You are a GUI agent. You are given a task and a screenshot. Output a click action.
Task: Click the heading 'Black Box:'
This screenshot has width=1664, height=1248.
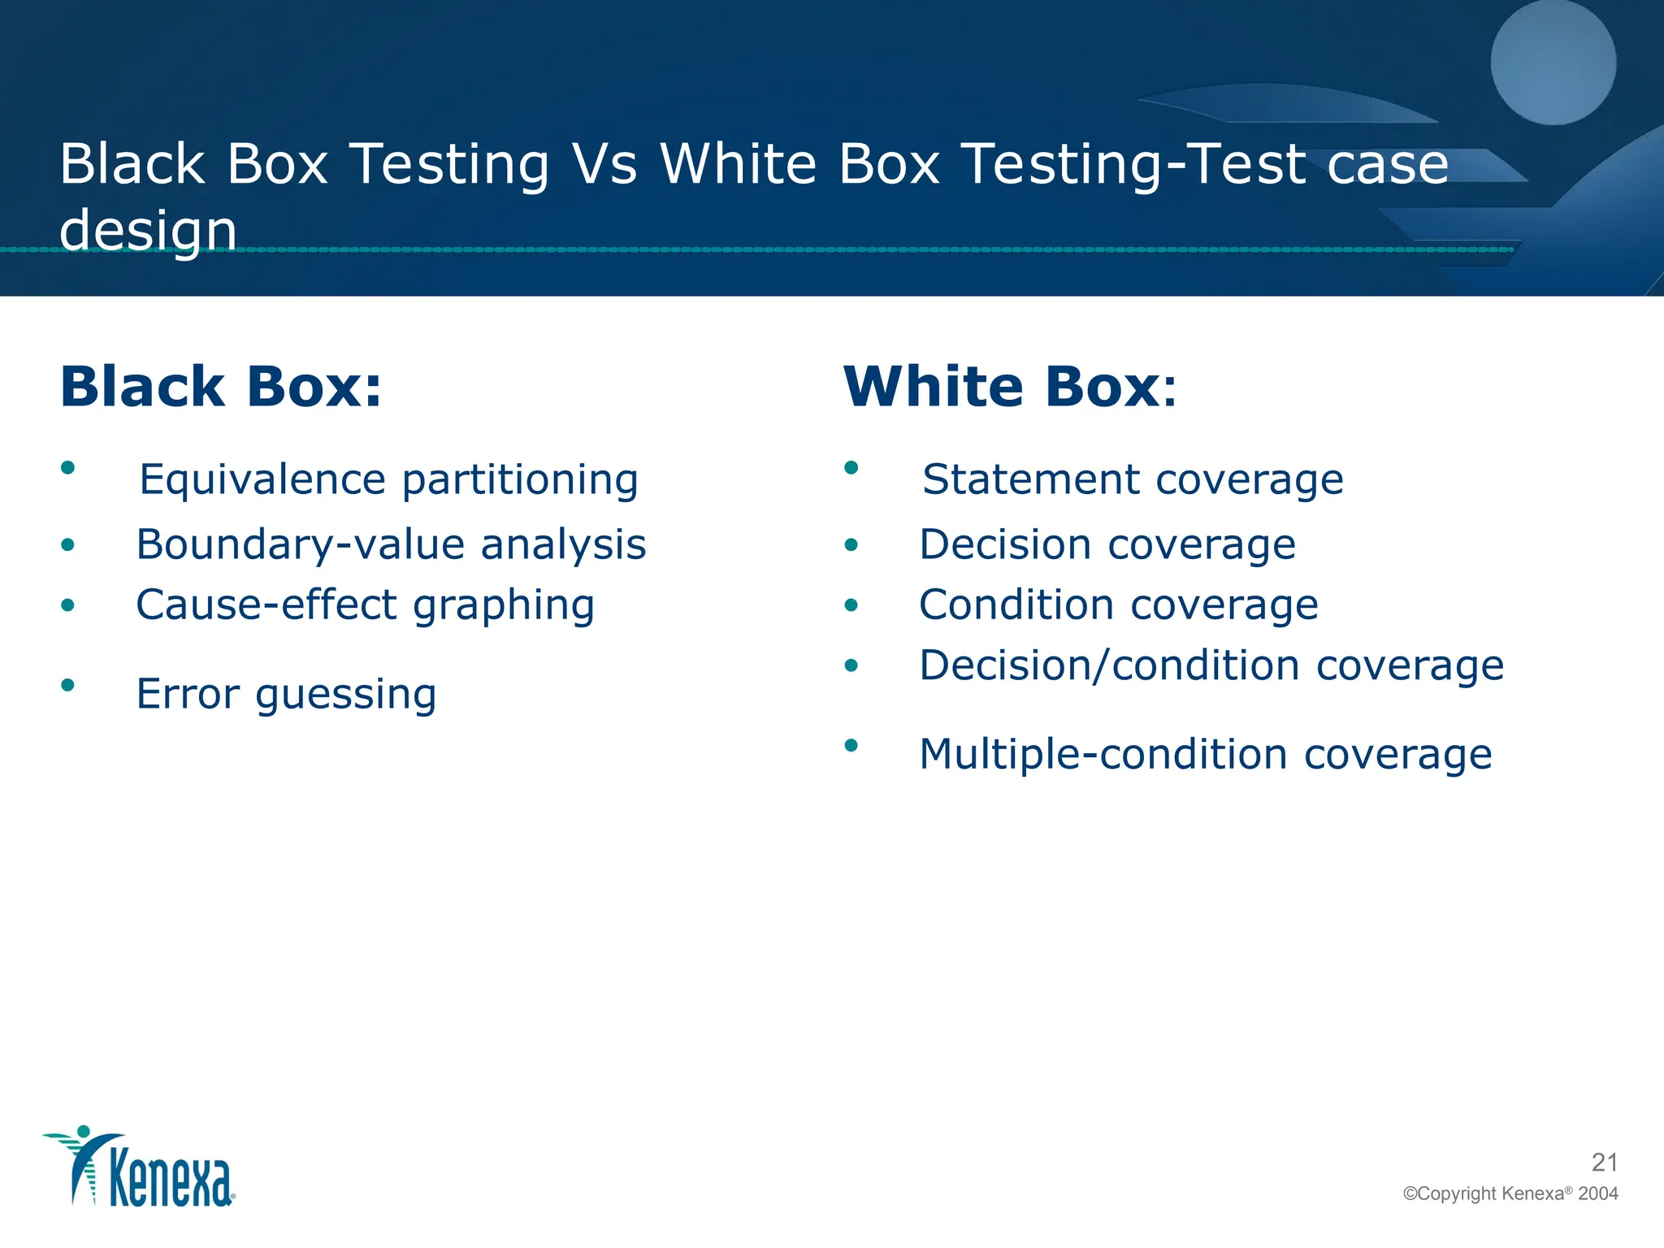[x=220, y=387]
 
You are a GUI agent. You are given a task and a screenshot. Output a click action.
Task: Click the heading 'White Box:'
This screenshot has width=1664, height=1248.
[x=1009, y=387]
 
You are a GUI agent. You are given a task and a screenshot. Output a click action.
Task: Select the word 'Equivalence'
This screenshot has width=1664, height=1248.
[x=261, y=479]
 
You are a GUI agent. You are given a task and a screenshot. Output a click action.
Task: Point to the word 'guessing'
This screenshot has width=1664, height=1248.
[x=346, y=695]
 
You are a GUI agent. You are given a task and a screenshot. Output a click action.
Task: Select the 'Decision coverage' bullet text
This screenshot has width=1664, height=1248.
[x=1107, y=544]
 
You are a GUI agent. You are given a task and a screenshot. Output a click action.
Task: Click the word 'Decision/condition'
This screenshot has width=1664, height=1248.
[x=1110, y=666]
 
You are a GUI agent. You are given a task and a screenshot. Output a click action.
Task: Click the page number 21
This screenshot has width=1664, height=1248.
[x=1604, y=1163]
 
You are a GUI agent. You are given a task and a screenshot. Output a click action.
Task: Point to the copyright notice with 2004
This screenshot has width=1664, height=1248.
[x=1510, y=1194]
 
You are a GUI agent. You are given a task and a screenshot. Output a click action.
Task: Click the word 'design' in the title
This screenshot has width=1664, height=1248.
[x=148, y=230]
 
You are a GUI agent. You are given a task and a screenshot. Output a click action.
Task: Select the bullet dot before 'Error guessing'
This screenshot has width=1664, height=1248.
[x=68, y=684]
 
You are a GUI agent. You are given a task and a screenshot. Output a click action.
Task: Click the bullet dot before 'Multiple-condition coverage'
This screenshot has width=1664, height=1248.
[x=851, y=745]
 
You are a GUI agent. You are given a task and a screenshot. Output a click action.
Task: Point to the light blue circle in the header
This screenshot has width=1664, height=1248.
[x=1553, y=62]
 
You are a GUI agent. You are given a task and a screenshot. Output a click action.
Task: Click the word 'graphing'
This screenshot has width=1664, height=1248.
[x=504, y=605]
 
